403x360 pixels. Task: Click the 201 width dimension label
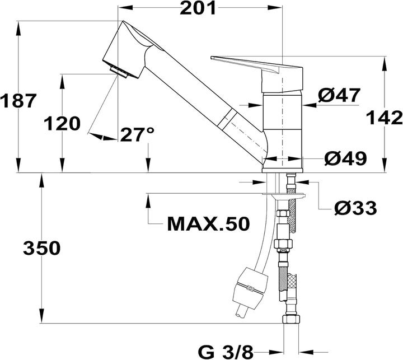tap(199, 9)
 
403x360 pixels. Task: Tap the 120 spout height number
tap(63, 124)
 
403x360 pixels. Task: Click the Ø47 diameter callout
tap(339, 96)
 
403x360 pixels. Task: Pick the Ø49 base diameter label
tap(345, 158)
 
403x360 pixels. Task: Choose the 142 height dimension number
tap(386, 118)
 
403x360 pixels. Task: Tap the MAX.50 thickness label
tap(208, 224)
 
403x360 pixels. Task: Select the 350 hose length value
tap(41, 248)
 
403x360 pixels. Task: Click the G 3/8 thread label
tap(226, 352)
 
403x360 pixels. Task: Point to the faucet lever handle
tap(246, 63)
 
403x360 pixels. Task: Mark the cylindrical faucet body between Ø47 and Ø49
tap(283, 129)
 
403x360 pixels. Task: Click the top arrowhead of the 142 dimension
tap(385, 62)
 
